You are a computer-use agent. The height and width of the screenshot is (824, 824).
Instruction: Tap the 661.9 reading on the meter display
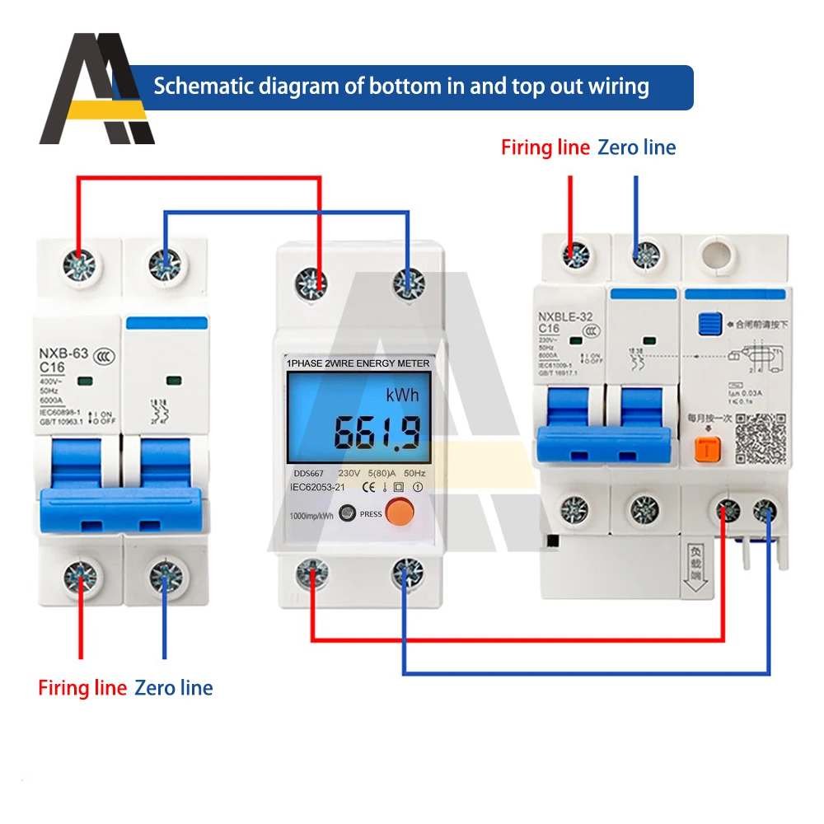click(x=377, y=432)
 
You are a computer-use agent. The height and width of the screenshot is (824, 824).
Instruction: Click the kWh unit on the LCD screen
click(x=402, y=395)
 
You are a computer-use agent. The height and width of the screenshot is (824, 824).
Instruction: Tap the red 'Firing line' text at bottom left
click(x=82, y=687)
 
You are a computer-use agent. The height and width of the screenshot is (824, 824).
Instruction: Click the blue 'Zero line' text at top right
click(x=636, y=147)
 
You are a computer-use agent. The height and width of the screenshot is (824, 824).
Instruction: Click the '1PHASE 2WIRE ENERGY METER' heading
click(x=357, y=363)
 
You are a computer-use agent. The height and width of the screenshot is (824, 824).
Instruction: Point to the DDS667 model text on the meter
click(x=307, y=474)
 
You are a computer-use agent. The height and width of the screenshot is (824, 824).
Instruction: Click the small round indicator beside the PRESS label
click(x=348, y=513)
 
